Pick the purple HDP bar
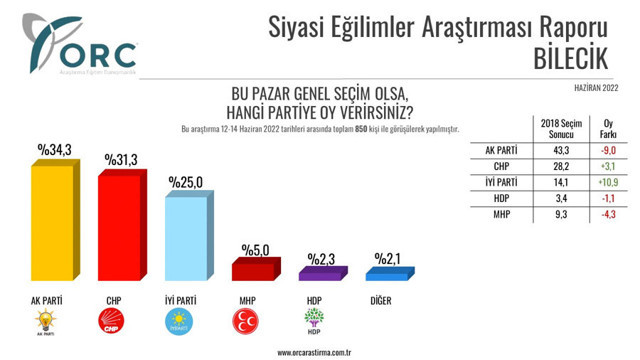pyautogui.click(x=320, y=271)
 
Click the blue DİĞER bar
pyautogui.click(x=386, y=272)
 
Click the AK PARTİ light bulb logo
pyautogui.click(x=46, y=322)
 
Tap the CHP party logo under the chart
pyautogui.click(x=111, y=321)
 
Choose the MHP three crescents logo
pyautogui.click(x=243, y=321)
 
